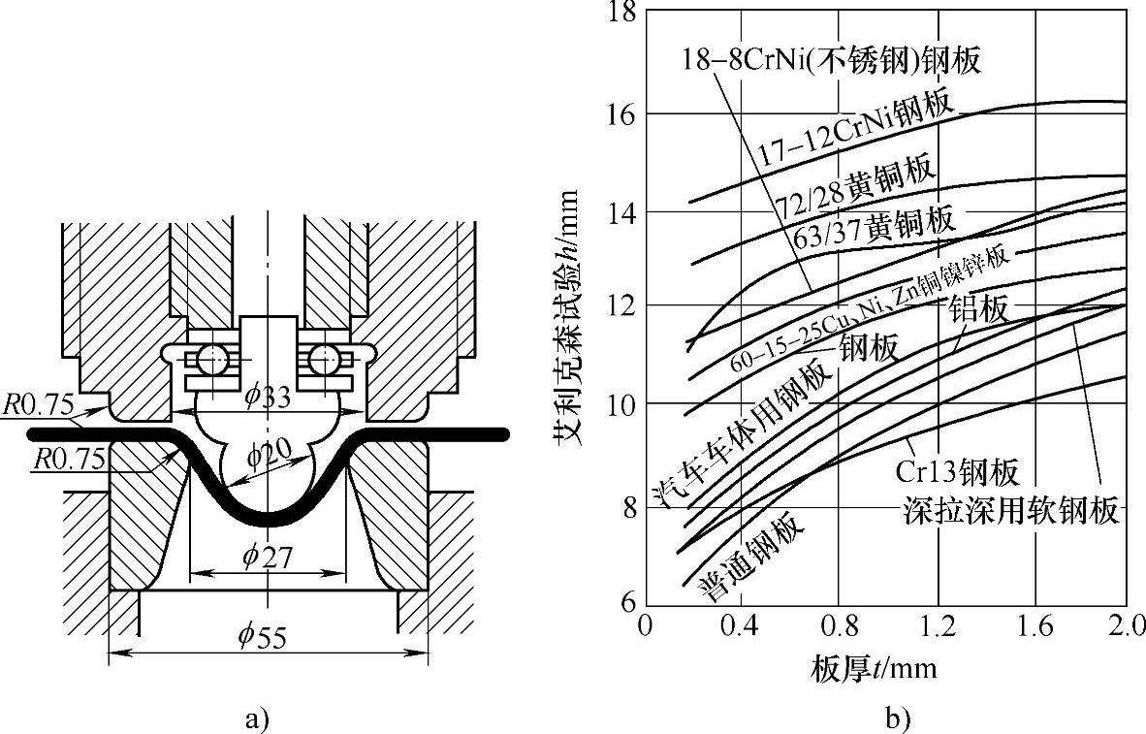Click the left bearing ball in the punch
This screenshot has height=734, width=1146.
click(211, 361)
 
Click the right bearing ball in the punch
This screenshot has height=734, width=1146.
click(325, 361)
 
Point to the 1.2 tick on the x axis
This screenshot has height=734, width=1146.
click(937, 625)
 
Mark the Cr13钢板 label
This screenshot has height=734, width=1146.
click(956, 472)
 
